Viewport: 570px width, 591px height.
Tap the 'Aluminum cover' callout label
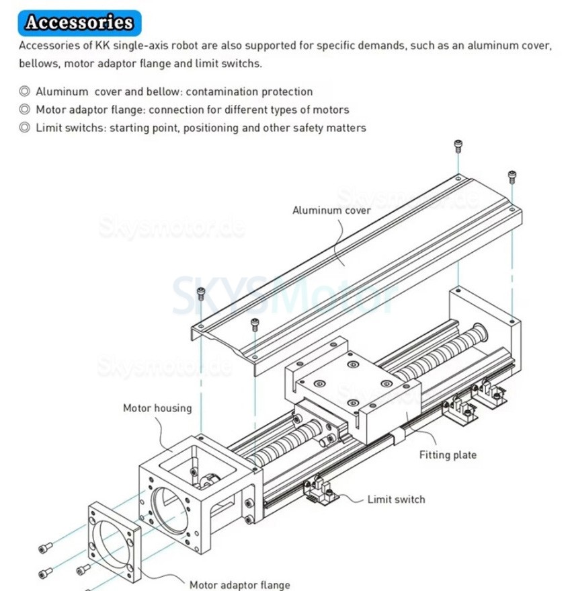[x=331, y=210]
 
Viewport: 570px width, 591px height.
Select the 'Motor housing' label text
[x=157, y=407]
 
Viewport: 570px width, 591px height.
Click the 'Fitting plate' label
[x=448, y=455]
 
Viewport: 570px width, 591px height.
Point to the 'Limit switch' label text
[x=396, y=499]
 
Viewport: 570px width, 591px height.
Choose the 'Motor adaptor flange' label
[x=239, y=585]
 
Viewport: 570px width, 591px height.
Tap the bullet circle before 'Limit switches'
[x=24, y=127]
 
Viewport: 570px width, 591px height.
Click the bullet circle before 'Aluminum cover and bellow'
[x=24, y=91]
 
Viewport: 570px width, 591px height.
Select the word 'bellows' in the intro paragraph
[x=37, y=64]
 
